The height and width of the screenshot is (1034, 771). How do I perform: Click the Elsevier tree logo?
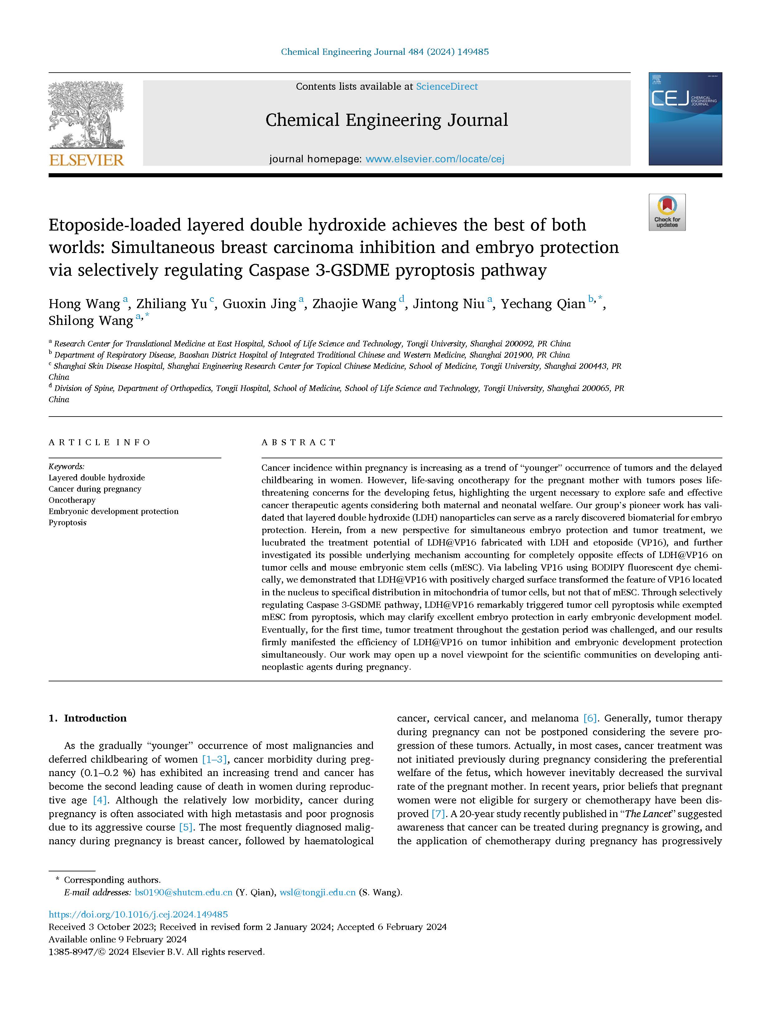pos(86,114)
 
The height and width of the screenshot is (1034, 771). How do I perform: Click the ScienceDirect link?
pos(447,86)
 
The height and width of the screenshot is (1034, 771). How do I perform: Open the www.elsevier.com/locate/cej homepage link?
pos(435,159)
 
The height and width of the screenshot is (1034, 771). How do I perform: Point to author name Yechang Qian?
pos(543,304)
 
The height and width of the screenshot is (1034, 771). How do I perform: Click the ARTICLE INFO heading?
pos(99,442)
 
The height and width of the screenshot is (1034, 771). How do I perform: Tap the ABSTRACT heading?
pos(299,442)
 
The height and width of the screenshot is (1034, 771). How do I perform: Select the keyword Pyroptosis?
pos(68,522)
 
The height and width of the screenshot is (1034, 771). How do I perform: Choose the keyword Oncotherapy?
pos(72,500)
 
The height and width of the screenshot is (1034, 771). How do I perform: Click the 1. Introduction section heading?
pos(88,718)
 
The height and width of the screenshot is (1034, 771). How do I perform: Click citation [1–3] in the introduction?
pos(214,759)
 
